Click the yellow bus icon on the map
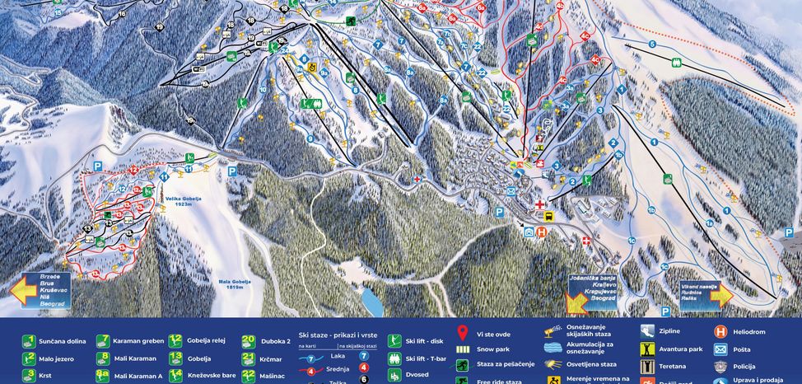[546, 216]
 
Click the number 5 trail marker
[652, 44]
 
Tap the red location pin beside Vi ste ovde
[463, 333]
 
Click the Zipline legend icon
[648, 332]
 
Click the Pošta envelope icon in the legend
[720, 349]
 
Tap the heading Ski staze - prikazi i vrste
[338, 336]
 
